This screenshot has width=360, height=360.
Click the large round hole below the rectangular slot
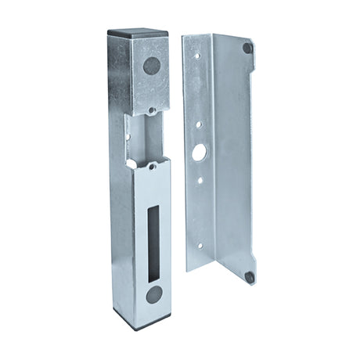click(x=155, y=295)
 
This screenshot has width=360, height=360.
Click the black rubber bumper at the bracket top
click(x=247, y=48)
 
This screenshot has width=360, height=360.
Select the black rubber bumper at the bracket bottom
click(x=248, y=276)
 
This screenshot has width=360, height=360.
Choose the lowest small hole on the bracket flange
click(x=198, y=246)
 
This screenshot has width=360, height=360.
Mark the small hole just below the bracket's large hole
click(x=200, y=180)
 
